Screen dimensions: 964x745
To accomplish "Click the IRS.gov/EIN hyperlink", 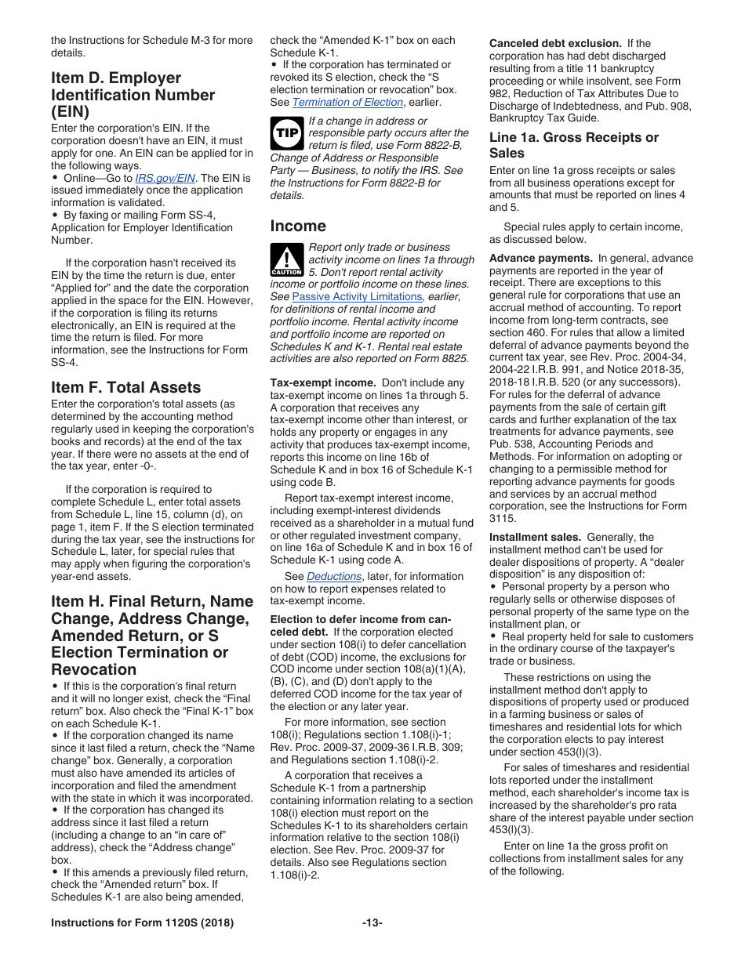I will pos(165,178).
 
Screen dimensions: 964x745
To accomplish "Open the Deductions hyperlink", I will pos(334,576).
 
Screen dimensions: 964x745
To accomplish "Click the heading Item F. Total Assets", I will pos(125,387).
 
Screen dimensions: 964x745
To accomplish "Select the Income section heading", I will pos(298,227).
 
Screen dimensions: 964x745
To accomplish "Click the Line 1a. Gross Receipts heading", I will pos(574,145).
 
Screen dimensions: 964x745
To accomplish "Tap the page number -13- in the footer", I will pos(372,923).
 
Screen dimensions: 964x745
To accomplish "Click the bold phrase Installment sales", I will pos(535,537).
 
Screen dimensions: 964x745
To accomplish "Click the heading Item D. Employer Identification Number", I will pos(133,95).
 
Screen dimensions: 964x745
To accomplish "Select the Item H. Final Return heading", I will pos(152,635).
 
